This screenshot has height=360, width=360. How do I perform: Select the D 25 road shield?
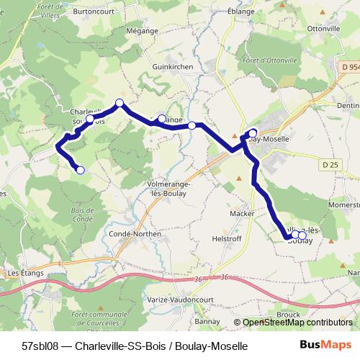point(330,165)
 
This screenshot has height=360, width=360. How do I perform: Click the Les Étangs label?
point(24,273)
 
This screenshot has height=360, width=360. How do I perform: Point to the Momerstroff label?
point(343,206)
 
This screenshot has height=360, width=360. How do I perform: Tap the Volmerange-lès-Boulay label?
point(168,189)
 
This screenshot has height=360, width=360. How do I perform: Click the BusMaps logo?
point(325,345)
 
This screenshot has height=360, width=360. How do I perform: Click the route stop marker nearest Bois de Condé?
point(80,170)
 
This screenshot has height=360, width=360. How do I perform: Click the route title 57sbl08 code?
point(40,346)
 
